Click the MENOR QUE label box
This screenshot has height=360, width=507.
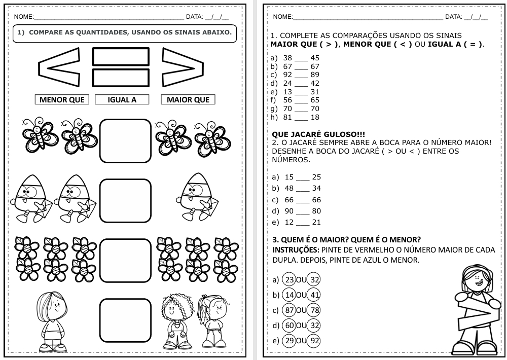point(62,100)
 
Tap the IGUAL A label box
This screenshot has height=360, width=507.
point(122,100)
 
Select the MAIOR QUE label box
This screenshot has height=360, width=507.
point(188,100)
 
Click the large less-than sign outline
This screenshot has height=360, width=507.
point(59,68)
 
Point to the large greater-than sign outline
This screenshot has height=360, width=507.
point(183,68)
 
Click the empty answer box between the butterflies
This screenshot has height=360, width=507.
point(125,141)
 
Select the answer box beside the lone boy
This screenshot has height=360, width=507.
point(125,320)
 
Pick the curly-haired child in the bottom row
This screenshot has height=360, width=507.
point(177,319)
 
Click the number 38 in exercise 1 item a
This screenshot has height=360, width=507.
point(287,58)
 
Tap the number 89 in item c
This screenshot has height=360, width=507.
point(315,75)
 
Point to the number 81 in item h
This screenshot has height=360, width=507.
point(287,117)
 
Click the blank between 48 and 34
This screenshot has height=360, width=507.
point(303,189)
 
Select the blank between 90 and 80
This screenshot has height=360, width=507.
point(303,211)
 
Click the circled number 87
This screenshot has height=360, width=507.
point(289,310)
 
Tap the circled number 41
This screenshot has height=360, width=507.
point(314,295)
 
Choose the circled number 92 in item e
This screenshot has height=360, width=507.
point(314,341)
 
